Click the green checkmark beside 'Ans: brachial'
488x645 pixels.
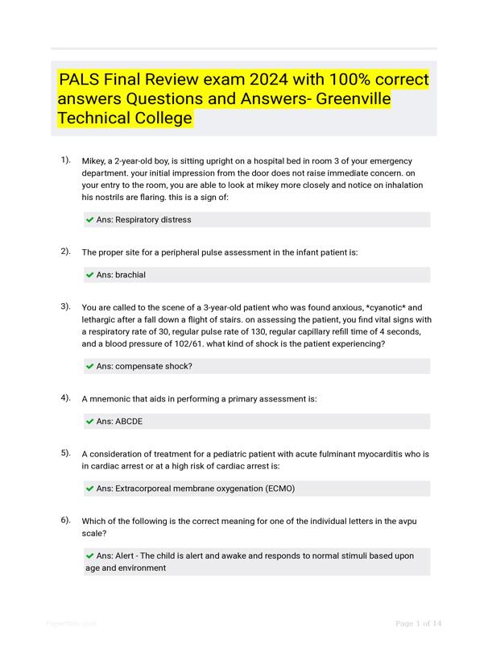point(89,275)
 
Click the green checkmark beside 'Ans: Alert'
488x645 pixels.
point(89,556)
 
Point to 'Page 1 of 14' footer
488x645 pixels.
point(419,623)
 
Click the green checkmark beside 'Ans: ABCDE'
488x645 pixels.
point(89,422)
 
